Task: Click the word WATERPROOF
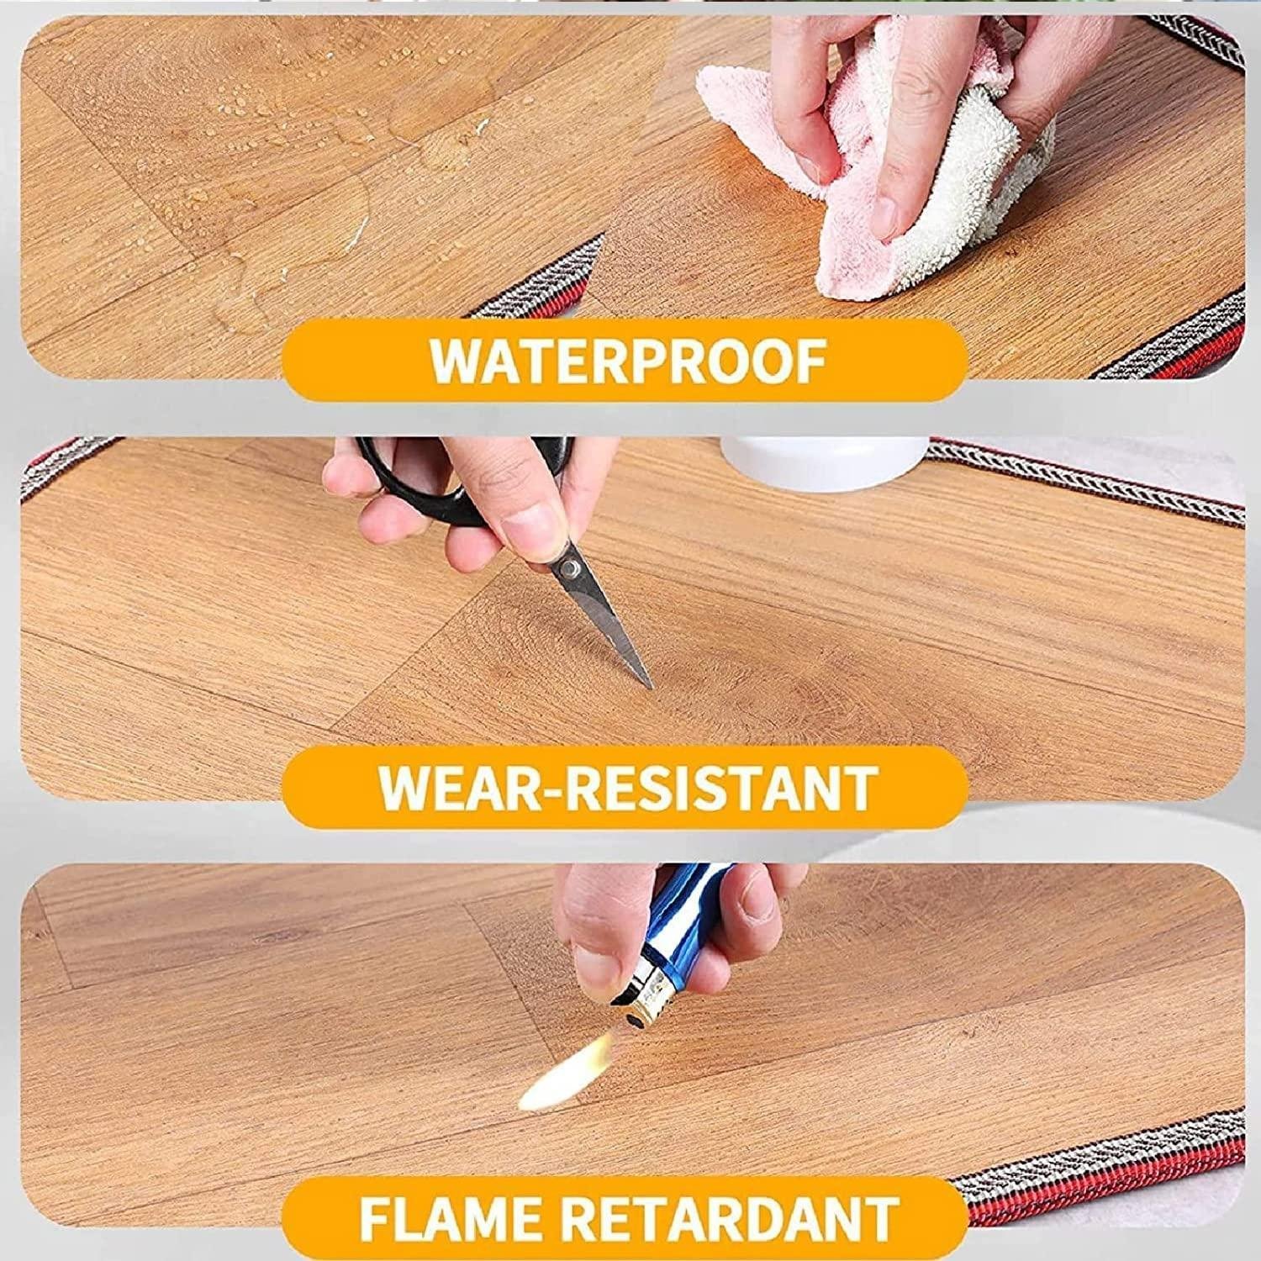pyautogui.click(x=628, y=361)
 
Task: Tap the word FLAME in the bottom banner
pyautogui.click(x=455, y=1214)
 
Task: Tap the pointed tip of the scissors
pyautogui.click(x=652, y=687)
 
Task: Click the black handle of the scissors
pyautogui.click(x=420, y=479)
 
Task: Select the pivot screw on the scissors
pyautogui.click(x=572, y=569)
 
